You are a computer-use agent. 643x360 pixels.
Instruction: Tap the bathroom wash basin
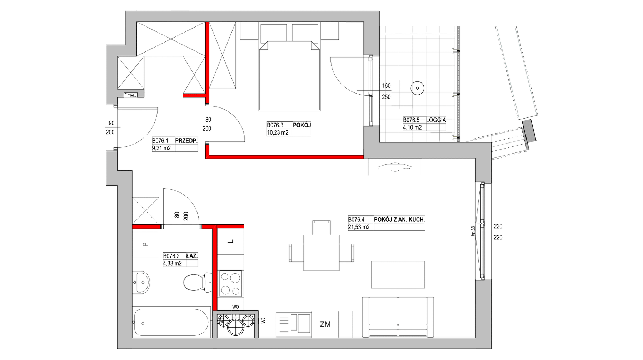(141, 282)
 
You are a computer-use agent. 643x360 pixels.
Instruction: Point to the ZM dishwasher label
(325, 324)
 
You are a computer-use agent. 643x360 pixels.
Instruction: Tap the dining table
(321, 252)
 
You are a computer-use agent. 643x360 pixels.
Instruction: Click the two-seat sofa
(398, 316)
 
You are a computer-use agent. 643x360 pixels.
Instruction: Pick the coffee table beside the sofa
(398, 274)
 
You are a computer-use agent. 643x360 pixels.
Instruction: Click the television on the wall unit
(395, 167)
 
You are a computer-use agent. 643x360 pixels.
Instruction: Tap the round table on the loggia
(417, 88)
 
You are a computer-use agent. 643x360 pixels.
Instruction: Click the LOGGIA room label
(436, 120)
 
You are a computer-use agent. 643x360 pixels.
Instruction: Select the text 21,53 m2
(359, 227)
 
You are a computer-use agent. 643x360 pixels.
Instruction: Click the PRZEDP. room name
(186, 141)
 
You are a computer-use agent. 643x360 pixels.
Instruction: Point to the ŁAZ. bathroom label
(191, 256)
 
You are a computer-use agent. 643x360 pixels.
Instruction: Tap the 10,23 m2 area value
(278, 132)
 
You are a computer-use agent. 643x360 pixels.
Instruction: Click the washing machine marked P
(145, 244)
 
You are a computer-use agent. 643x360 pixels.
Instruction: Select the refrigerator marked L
(231, 241)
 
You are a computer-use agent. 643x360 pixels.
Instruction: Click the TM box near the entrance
(131, 95)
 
